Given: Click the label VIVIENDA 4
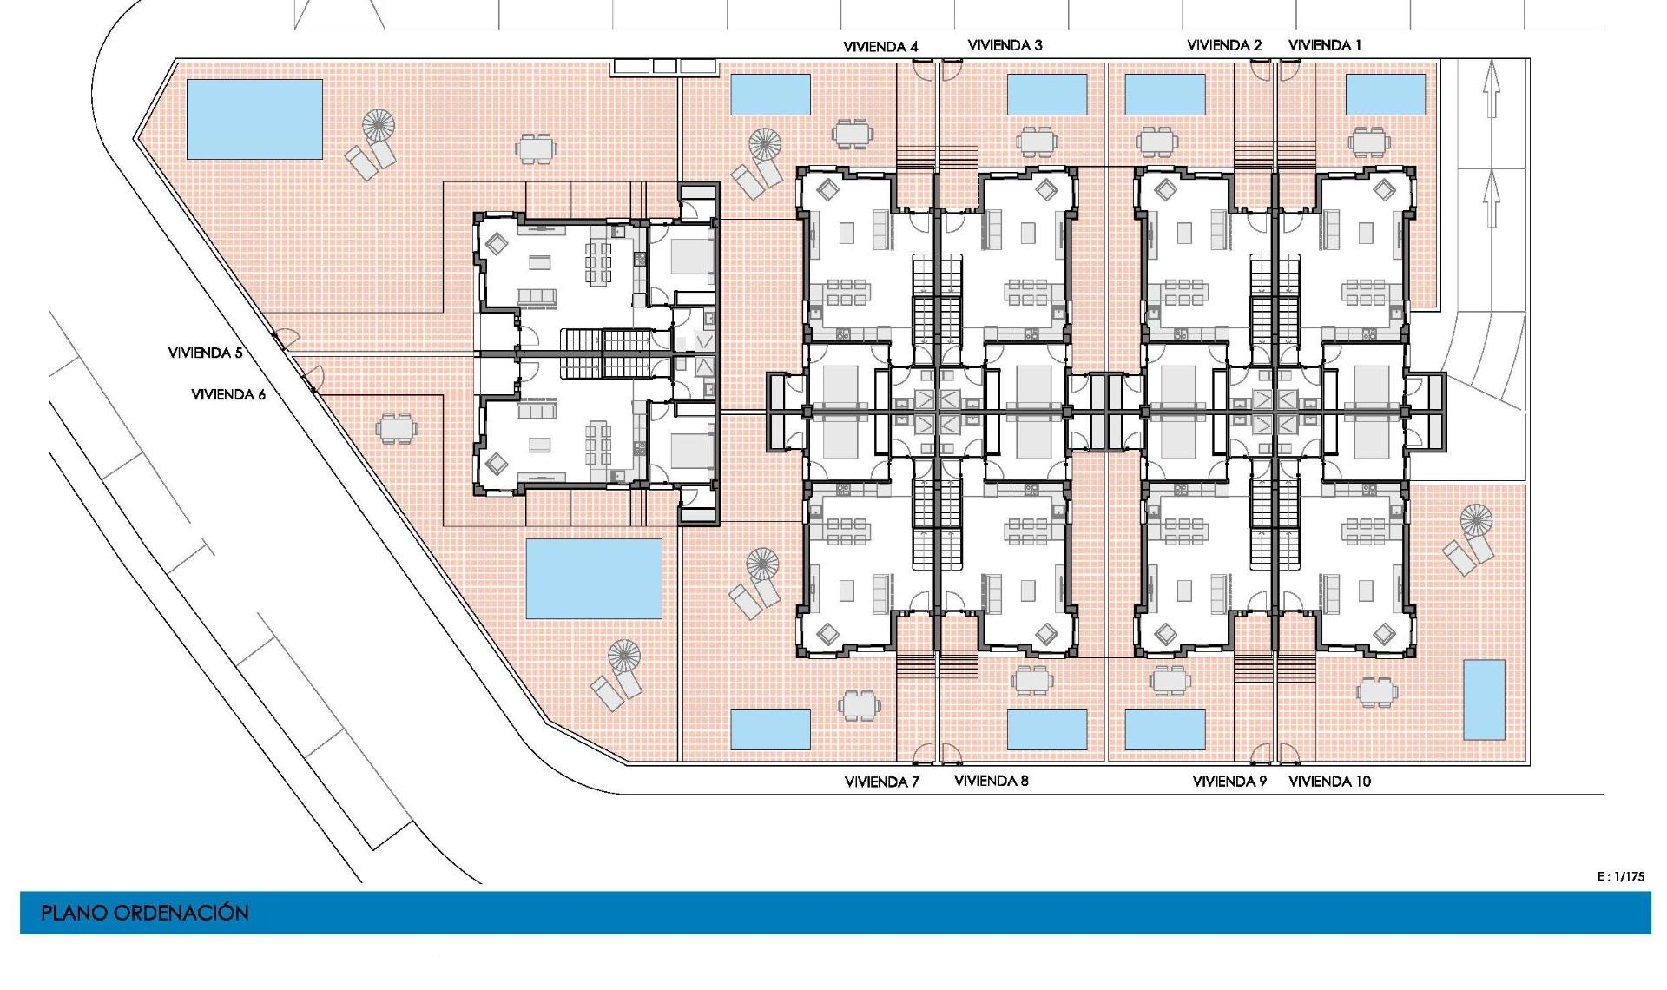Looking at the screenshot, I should [880, 46].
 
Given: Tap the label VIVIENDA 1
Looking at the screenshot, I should [1324, 45].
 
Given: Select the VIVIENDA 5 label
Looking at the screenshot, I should [205, 353].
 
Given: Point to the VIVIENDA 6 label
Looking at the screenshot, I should [227, 394].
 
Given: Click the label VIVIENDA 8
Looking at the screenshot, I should [991, 781].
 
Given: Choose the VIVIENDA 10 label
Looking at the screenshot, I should [1329, 782].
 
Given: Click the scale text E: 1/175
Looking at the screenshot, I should [1620, 876].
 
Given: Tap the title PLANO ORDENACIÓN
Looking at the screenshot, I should [144, 913].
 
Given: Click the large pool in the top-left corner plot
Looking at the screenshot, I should [254, 119].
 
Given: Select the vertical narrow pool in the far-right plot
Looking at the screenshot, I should [1484, 699].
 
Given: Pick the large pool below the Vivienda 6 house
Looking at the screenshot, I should [594, 578].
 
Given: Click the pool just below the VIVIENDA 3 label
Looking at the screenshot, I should [1046, 95].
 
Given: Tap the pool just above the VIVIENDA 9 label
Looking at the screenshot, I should [1164, 729].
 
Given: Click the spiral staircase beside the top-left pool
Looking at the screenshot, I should [379, 126].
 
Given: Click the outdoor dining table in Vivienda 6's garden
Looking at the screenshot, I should [396, 428].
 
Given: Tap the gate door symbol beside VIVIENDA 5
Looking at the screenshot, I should [284, 338].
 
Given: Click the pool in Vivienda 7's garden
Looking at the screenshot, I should [770, 729].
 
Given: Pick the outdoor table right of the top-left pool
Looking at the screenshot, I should [536, 148].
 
